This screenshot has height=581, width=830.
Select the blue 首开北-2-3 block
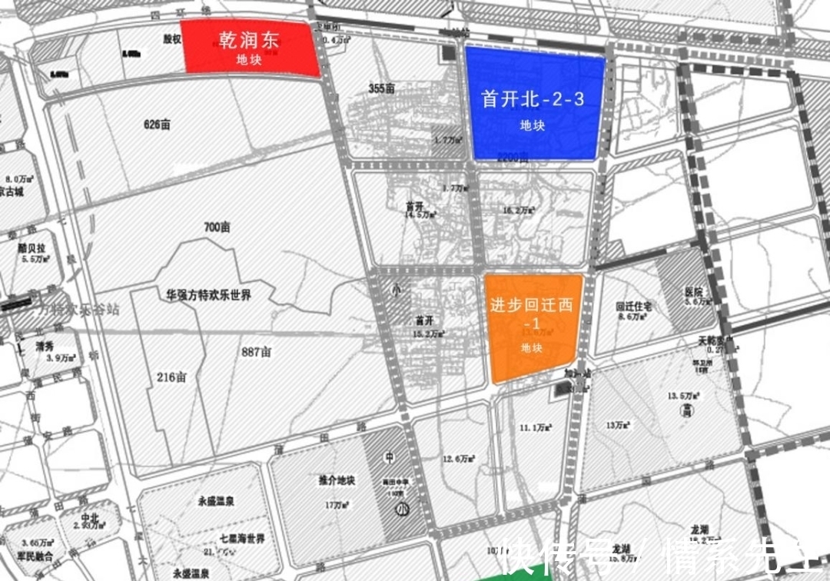(x=535, y=104)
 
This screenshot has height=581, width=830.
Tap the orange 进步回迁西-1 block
(x=532, y=327)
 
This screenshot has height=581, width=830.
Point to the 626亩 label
(x=157, y=124)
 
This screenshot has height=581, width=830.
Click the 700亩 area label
(x=217, y=227)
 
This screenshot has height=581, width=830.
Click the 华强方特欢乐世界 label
(x=209, y=294)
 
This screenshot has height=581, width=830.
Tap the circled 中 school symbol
(x=390, y=457)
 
